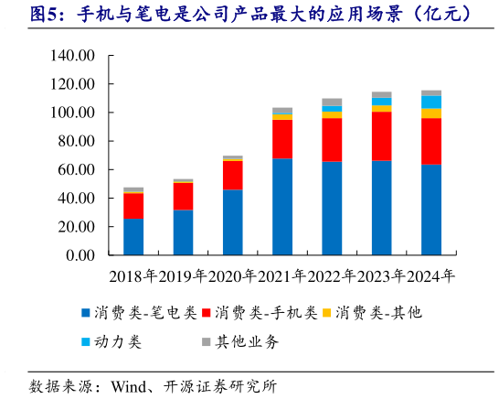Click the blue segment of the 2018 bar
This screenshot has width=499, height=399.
click(133, 236)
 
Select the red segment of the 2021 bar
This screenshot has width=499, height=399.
click(282, 139)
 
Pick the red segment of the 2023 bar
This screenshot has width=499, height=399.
click(382, 135)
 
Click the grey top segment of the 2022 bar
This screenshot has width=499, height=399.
click(332, 102)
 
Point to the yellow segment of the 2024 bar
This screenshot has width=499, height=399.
click(431, 113)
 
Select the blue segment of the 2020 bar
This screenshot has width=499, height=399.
click(233, 221)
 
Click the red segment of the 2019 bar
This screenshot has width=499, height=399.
click(183, 196)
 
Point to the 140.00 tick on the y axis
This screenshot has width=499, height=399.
click(74, 56)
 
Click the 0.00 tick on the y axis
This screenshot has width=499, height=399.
click(81, 255)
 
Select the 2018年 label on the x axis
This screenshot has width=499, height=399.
click(133, 275)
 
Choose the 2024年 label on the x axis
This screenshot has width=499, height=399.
click(430, 275)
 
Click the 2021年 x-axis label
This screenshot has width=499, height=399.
click(281, 275)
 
